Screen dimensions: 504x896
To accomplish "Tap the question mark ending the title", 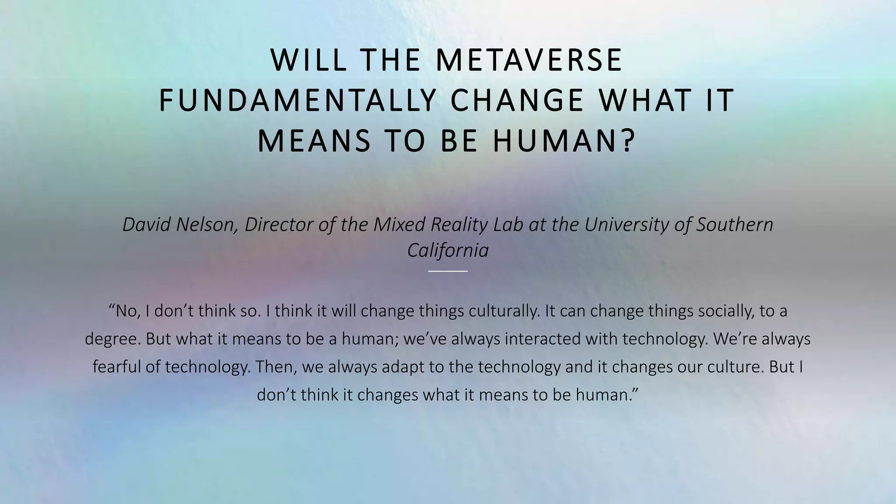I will tap(629, 140).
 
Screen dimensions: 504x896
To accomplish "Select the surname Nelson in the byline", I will tap(206, 224).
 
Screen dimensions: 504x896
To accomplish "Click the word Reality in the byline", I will tap(459, 225).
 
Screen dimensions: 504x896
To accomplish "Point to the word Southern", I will tap(735, 224).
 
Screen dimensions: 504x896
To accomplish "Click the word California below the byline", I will tap(448, 251).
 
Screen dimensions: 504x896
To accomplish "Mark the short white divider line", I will tap(448, 271).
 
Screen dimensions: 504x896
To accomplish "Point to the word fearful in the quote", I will tap(116, 367).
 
